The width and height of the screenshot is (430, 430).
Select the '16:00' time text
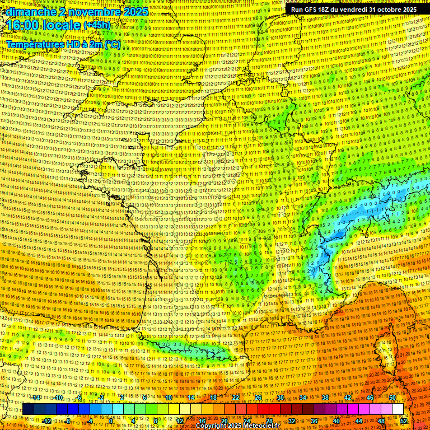click(x=22, y=26)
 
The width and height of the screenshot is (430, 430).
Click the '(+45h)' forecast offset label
click(x=97, y=26)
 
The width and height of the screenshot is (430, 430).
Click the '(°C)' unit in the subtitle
click(x=111, y=44)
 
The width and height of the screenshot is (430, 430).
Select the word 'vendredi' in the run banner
click(x=353, y=10)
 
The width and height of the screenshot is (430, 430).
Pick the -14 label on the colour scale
click(x=36, y=398)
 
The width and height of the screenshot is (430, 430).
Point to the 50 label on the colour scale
click(x=392, y=398)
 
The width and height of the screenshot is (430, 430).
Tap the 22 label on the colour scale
click(x=236, y=398)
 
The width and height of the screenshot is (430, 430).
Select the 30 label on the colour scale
click(x=281, y=398)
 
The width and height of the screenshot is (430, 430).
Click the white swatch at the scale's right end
click(x=398, y=409)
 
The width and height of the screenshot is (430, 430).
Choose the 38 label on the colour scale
click(x=325, y=398)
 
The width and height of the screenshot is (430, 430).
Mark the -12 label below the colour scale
click(x=47, y=421)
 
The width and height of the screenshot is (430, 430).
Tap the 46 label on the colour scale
click(x=370, y=398)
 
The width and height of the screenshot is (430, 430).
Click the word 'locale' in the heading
click(x=60, y=26)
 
